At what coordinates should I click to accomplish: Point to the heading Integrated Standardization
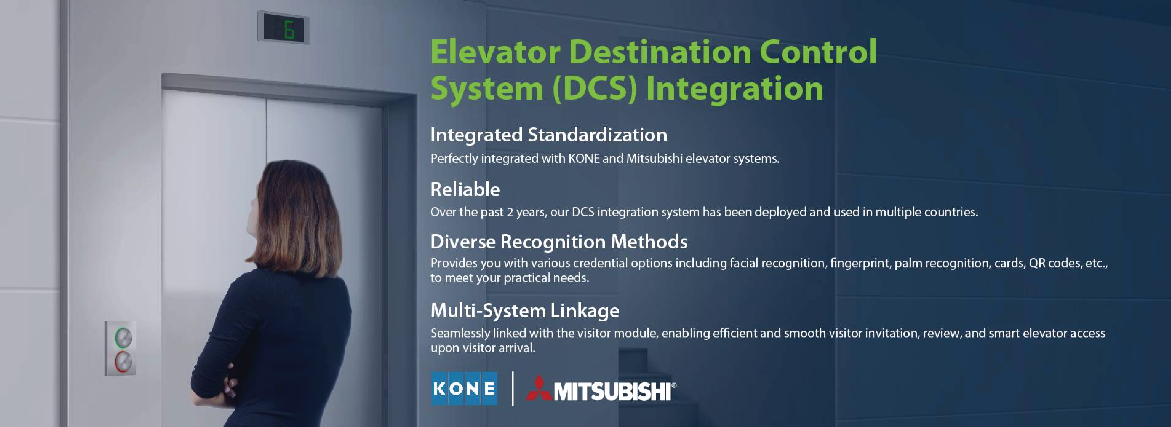(x=549, y=135)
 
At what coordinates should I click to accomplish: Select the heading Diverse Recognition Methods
(x=559, y=242)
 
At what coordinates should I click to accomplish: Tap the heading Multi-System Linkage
(x=525, y=311)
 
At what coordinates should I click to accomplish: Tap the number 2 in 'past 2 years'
(x=510, y=212)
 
